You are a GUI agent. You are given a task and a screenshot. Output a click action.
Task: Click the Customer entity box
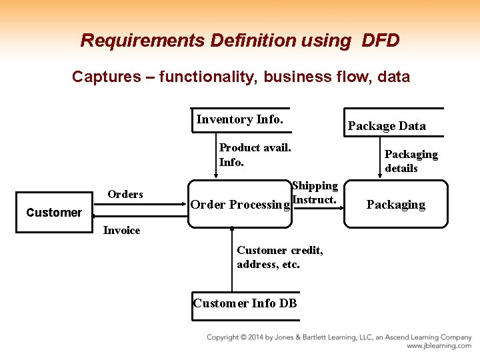53,213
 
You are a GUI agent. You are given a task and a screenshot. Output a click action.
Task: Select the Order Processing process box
239,205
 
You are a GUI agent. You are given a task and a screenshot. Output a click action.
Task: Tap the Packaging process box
395,205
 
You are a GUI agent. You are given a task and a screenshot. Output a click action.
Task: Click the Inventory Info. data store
240,119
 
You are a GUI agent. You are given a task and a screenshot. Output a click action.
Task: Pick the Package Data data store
387,125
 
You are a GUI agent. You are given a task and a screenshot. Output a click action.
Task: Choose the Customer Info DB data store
245,303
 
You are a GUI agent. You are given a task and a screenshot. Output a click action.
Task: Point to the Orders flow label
125,194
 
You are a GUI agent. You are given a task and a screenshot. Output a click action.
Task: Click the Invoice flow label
121,230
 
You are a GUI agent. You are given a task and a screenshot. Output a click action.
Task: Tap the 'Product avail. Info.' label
255,155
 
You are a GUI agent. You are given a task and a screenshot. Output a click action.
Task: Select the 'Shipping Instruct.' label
315,193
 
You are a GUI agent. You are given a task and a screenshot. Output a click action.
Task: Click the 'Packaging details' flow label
411,161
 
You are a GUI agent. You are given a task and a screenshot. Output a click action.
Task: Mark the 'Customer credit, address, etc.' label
280,257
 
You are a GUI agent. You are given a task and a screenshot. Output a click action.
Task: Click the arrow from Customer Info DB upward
231,260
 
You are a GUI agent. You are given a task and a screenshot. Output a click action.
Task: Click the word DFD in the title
380,41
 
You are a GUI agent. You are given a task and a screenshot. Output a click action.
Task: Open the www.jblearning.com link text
439,346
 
